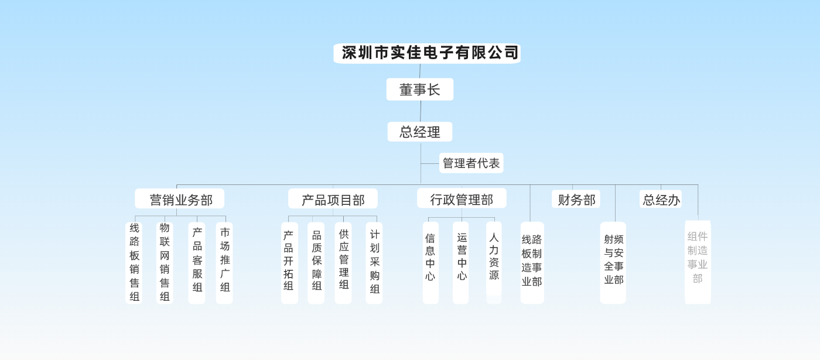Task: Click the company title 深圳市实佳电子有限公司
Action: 427,53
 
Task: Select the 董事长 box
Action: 419,90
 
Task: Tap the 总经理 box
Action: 419,132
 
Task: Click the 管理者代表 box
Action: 471,163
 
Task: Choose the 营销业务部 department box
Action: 180,199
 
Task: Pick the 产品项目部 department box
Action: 333,199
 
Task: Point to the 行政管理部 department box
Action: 462,198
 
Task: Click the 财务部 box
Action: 576,199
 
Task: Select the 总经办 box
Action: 661,199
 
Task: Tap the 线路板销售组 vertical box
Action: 134,262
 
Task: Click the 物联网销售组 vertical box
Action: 165,262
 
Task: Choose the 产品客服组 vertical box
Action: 197,262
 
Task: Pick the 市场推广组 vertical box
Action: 224,262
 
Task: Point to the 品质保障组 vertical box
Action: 316,262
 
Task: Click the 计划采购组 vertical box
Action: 374,262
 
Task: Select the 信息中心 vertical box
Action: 430,262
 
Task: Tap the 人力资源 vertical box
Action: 494,262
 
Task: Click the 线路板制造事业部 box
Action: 532,262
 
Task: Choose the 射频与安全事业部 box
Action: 613,262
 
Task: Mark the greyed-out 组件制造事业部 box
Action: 698,262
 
